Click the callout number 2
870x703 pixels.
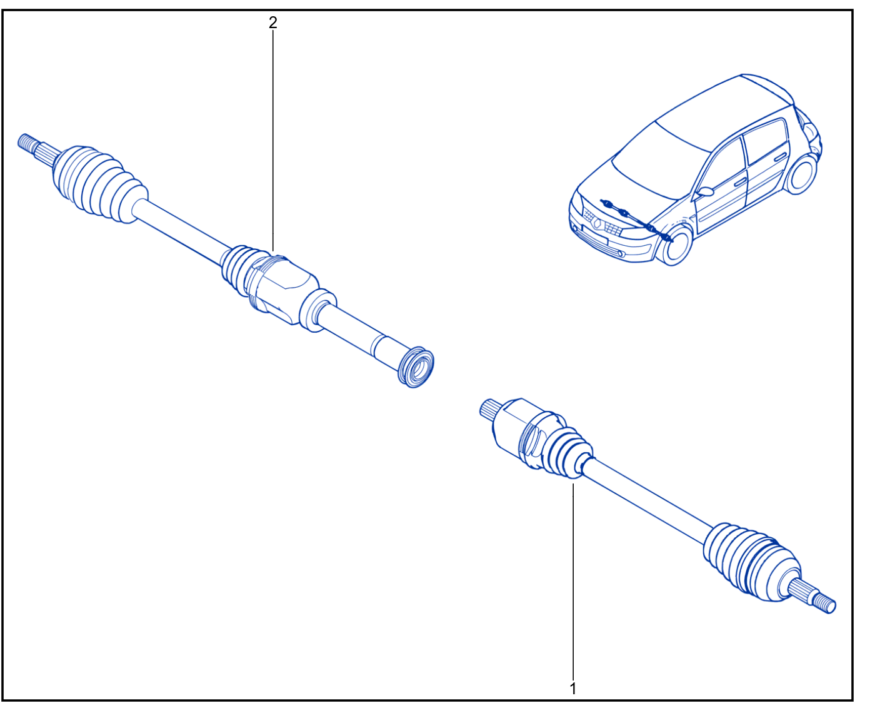pyautogui.click(x=273, y=23)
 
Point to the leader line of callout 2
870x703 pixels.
pyautogui.click(x=273, y=141)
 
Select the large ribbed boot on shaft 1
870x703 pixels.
pyautogui.click(x=751, y=562)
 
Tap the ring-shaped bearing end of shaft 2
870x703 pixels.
pyautogui.click(x=416, y=367)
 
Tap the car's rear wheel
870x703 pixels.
pyautogui.click(x=801, y=174)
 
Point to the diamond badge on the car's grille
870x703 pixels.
pyautogui.click(x=597, y=223)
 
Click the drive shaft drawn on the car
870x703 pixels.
pyautogui.click(x=636, y=220)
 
